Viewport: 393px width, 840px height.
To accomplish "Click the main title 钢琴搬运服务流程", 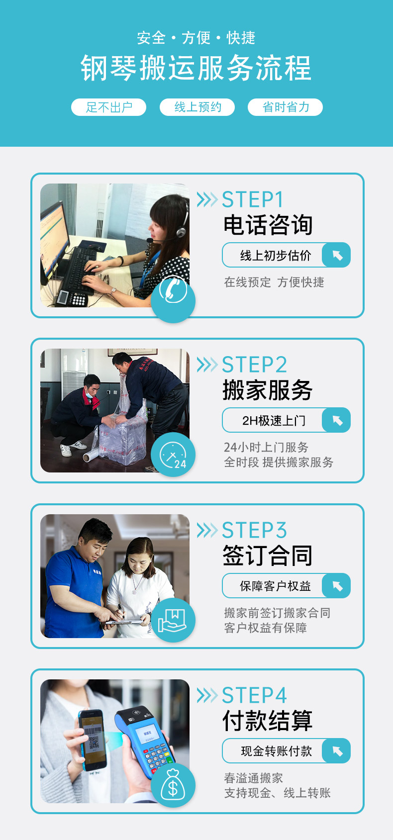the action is (x=196, y=68).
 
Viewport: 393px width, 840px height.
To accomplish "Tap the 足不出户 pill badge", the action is (x=109, y=107).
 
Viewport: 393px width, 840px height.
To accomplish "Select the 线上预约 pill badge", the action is (x=197, y=107).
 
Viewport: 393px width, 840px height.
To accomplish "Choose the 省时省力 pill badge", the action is (x=286, y=107).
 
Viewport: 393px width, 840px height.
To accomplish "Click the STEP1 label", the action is (x=252, y=199).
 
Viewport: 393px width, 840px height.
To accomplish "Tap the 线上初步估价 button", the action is (x=287, y=255).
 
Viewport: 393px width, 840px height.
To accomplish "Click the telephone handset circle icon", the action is (x=173, y=300).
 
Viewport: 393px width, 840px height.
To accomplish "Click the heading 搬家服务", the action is (x=268, y=390).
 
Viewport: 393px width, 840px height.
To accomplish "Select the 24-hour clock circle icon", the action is (x=173, y=455).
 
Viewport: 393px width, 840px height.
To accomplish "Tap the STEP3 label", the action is (x=254, y=530).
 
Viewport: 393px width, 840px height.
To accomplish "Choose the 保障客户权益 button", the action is (x=287, y=586).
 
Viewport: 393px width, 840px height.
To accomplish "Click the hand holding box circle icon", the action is (x=173, y=620).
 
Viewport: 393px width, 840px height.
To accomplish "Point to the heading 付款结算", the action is (x=268, y=721).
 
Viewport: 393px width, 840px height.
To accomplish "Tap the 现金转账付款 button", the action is (x=287, y=751).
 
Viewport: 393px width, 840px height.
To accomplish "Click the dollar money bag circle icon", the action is (x=173, y=785).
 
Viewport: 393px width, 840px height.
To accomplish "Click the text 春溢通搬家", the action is (x=254, y=778).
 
